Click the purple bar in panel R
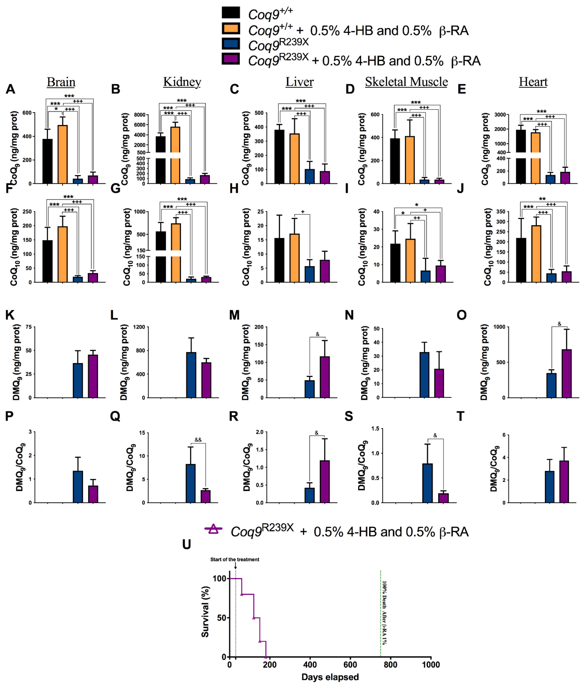coord(324,481)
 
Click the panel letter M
coord(234,315)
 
